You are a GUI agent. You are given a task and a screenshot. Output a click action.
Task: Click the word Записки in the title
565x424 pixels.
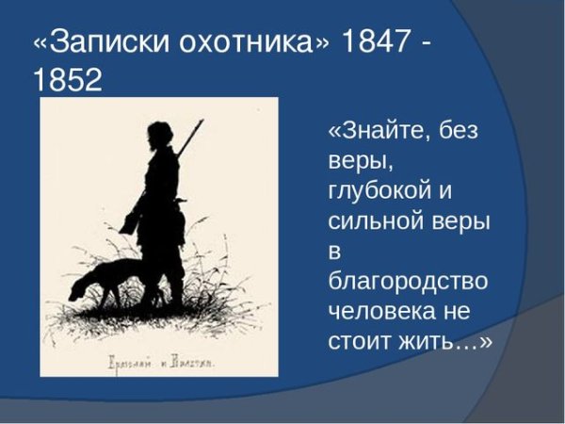105,44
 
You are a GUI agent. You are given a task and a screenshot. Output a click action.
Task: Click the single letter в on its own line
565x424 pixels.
335,252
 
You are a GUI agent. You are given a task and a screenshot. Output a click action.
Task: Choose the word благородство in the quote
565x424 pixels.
408,282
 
